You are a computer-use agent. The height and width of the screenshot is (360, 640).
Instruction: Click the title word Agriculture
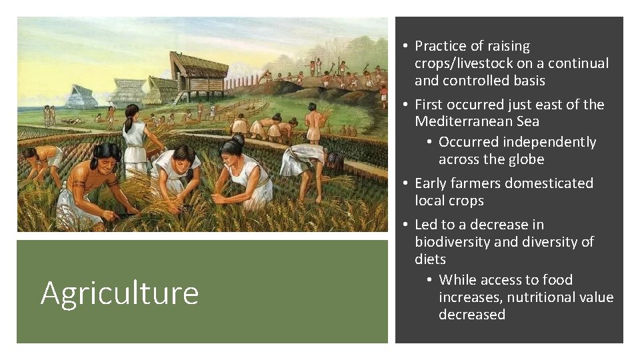119,293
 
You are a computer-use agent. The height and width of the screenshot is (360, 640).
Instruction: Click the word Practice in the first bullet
443,46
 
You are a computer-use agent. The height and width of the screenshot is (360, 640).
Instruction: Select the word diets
430,259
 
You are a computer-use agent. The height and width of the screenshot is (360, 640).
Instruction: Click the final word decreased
471,315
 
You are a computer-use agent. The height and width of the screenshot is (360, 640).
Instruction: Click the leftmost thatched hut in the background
81,97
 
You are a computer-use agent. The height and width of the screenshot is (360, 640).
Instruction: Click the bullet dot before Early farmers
405,183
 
